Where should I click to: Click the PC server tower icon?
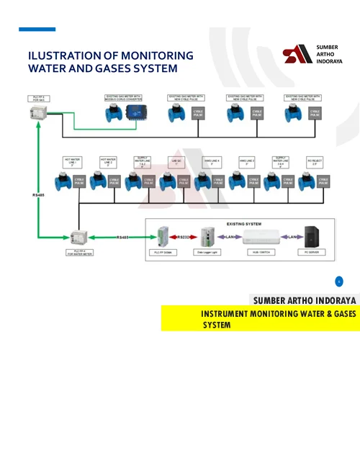(x=311, y=237)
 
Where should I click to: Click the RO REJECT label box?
(x=314, y=162)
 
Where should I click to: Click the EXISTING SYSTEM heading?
(x=238, y=225)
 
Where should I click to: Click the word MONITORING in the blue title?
(x=158, y=55)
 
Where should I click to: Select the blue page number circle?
(x=339, y=282)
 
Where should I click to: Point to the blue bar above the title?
(x=37, y=30)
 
